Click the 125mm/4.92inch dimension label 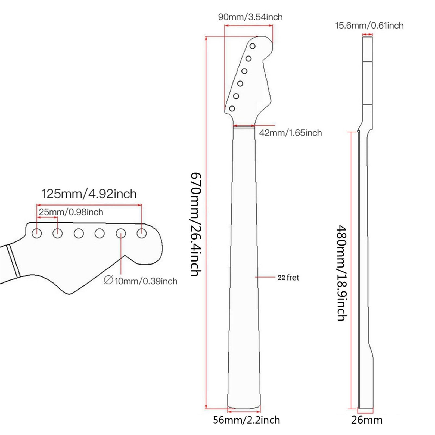click(89, 194)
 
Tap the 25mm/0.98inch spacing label click(71, 212)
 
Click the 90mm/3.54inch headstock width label click(250, 17)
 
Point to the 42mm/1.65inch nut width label click(290, 133)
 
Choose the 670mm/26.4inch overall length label click(196, 224)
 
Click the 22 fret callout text click(288, 278)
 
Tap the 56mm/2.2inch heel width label click(246, 420)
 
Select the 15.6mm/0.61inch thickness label click(369, 26)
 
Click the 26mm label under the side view click(366, 420)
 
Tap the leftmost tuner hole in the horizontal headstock click(37, 233)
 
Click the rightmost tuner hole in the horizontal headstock click(142, 233)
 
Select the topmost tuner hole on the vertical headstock click(253, 46)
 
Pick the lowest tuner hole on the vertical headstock click(232, 109)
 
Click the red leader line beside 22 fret click(265, 277)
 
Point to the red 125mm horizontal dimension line click(89, 205)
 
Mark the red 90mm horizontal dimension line click(248, 26)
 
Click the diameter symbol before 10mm click(108, 280)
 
